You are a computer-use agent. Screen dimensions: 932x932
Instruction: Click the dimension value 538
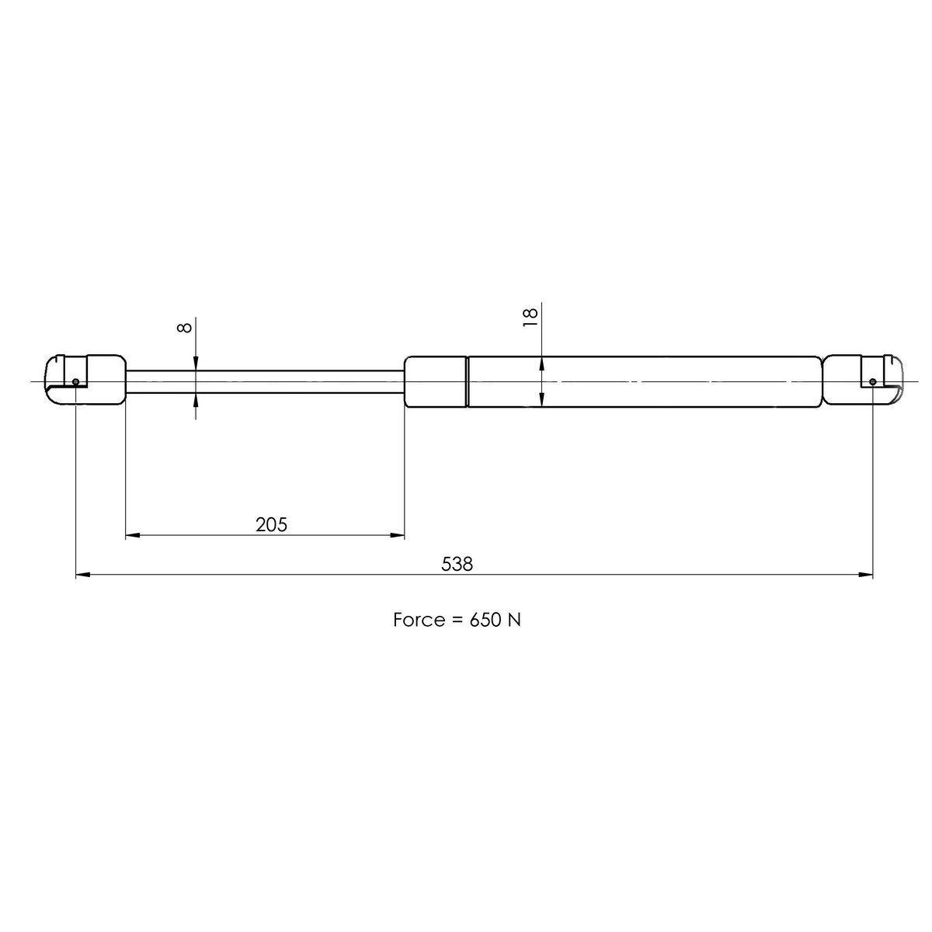[x=457, y=564]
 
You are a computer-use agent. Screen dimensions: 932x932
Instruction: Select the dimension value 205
[x=272, y=525]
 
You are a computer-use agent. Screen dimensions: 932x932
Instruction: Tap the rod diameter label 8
[x=184, y=327]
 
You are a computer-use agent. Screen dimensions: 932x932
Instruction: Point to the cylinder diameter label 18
[x=530, y=316]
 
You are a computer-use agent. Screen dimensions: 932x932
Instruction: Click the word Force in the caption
[x=418, y=621]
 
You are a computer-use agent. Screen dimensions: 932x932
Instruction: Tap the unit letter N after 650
[x=514, y=621]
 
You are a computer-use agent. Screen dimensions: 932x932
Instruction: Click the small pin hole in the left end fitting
[x=75, y=381]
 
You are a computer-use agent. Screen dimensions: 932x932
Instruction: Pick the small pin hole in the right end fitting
[x=872, y=381]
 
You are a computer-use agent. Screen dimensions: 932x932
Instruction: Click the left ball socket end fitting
[x=85, y=380]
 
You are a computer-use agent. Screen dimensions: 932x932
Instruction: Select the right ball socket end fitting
[x=862, y=380]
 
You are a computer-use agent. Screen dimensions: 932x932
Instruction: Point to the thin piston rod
[x=264, y=381]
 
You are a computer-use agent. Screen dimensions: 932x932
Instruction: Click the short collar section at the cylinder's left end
[x=436, y=381]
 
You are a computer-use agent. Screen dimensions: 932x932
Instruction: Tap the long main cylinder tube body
[x=645, y=381]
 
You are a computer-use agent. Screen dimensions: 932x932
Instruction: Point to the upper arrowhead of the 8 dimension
[x=196, y=363]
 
